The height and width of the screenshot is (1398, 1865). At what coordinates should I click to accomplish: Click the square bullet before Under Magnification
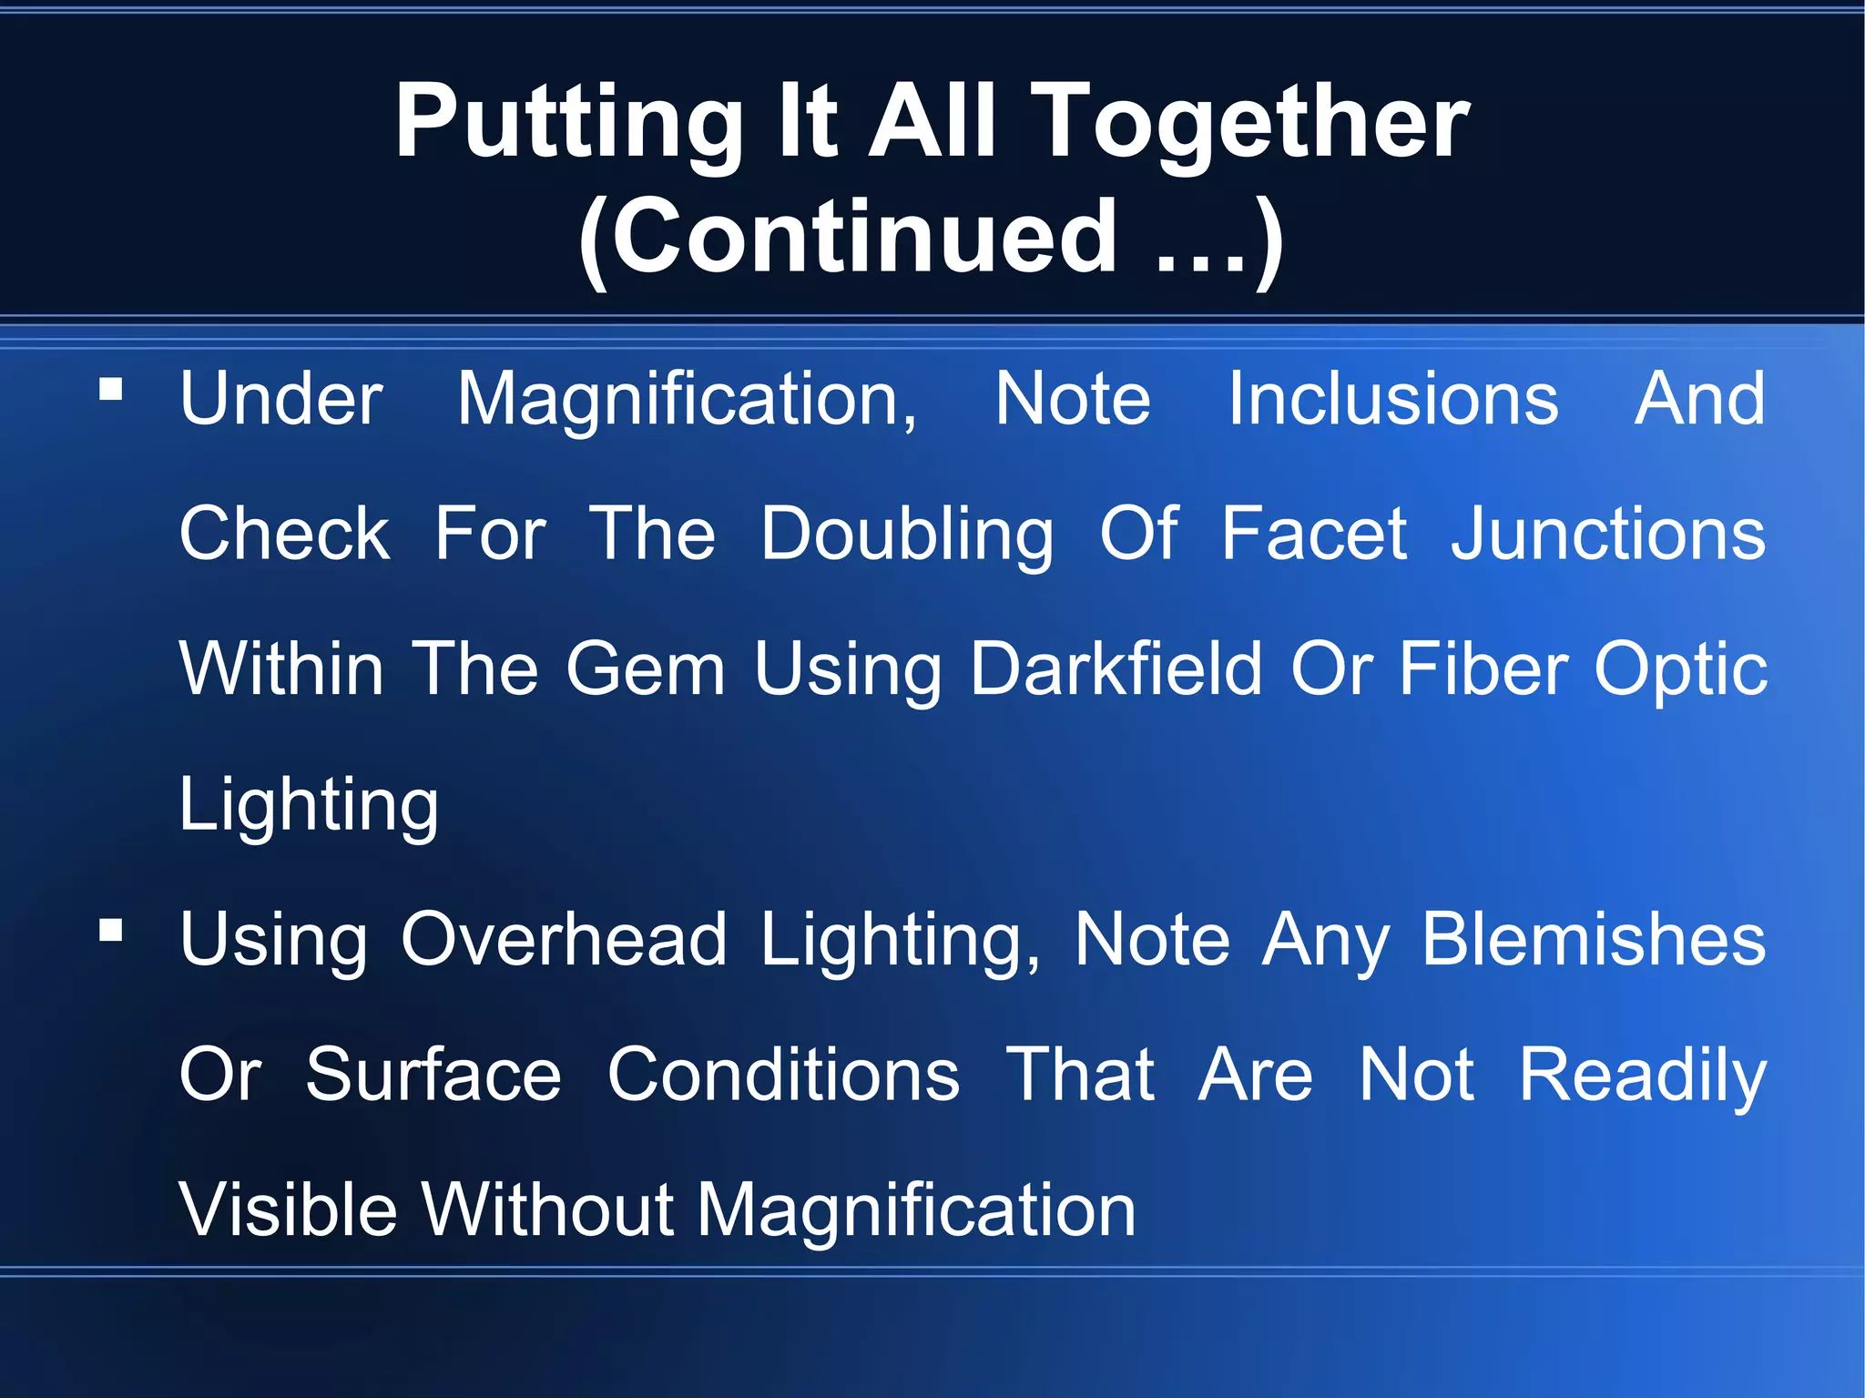111,390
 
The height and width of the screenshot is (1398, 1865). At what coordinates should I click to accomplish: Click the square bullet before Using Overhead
111,930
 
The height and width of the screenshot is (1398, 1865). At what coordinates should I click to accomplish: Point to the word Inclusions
1392,399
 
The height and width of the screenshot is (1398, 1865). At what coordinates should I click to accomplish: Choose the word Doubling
907,535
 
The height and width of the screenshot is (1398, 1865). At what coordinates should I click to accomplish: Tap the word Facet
1314,534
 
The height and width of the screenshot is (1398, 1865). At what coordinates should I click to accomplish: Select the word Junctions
1608,534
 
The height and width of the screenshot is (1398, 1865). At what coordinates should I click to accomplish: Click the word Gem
645,669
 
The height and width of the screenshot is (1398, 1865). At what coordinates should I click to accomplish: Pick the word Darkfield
1116,669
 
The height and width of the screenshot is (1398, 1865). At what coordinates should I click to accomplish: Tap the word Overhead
564,939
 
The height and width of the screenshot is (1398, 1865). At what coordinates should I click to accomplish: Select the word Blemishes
1594,939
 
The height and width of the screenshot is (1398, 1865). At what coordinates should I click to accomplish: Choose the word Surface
433,1075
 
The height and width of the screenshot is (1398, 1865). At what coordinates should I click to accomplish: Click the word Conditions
783,1075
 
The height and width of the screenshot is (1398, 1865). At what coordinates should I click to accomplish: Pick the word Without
546,1209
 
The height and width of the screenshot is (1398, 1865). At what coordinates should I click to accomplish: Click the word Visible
288,1209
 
